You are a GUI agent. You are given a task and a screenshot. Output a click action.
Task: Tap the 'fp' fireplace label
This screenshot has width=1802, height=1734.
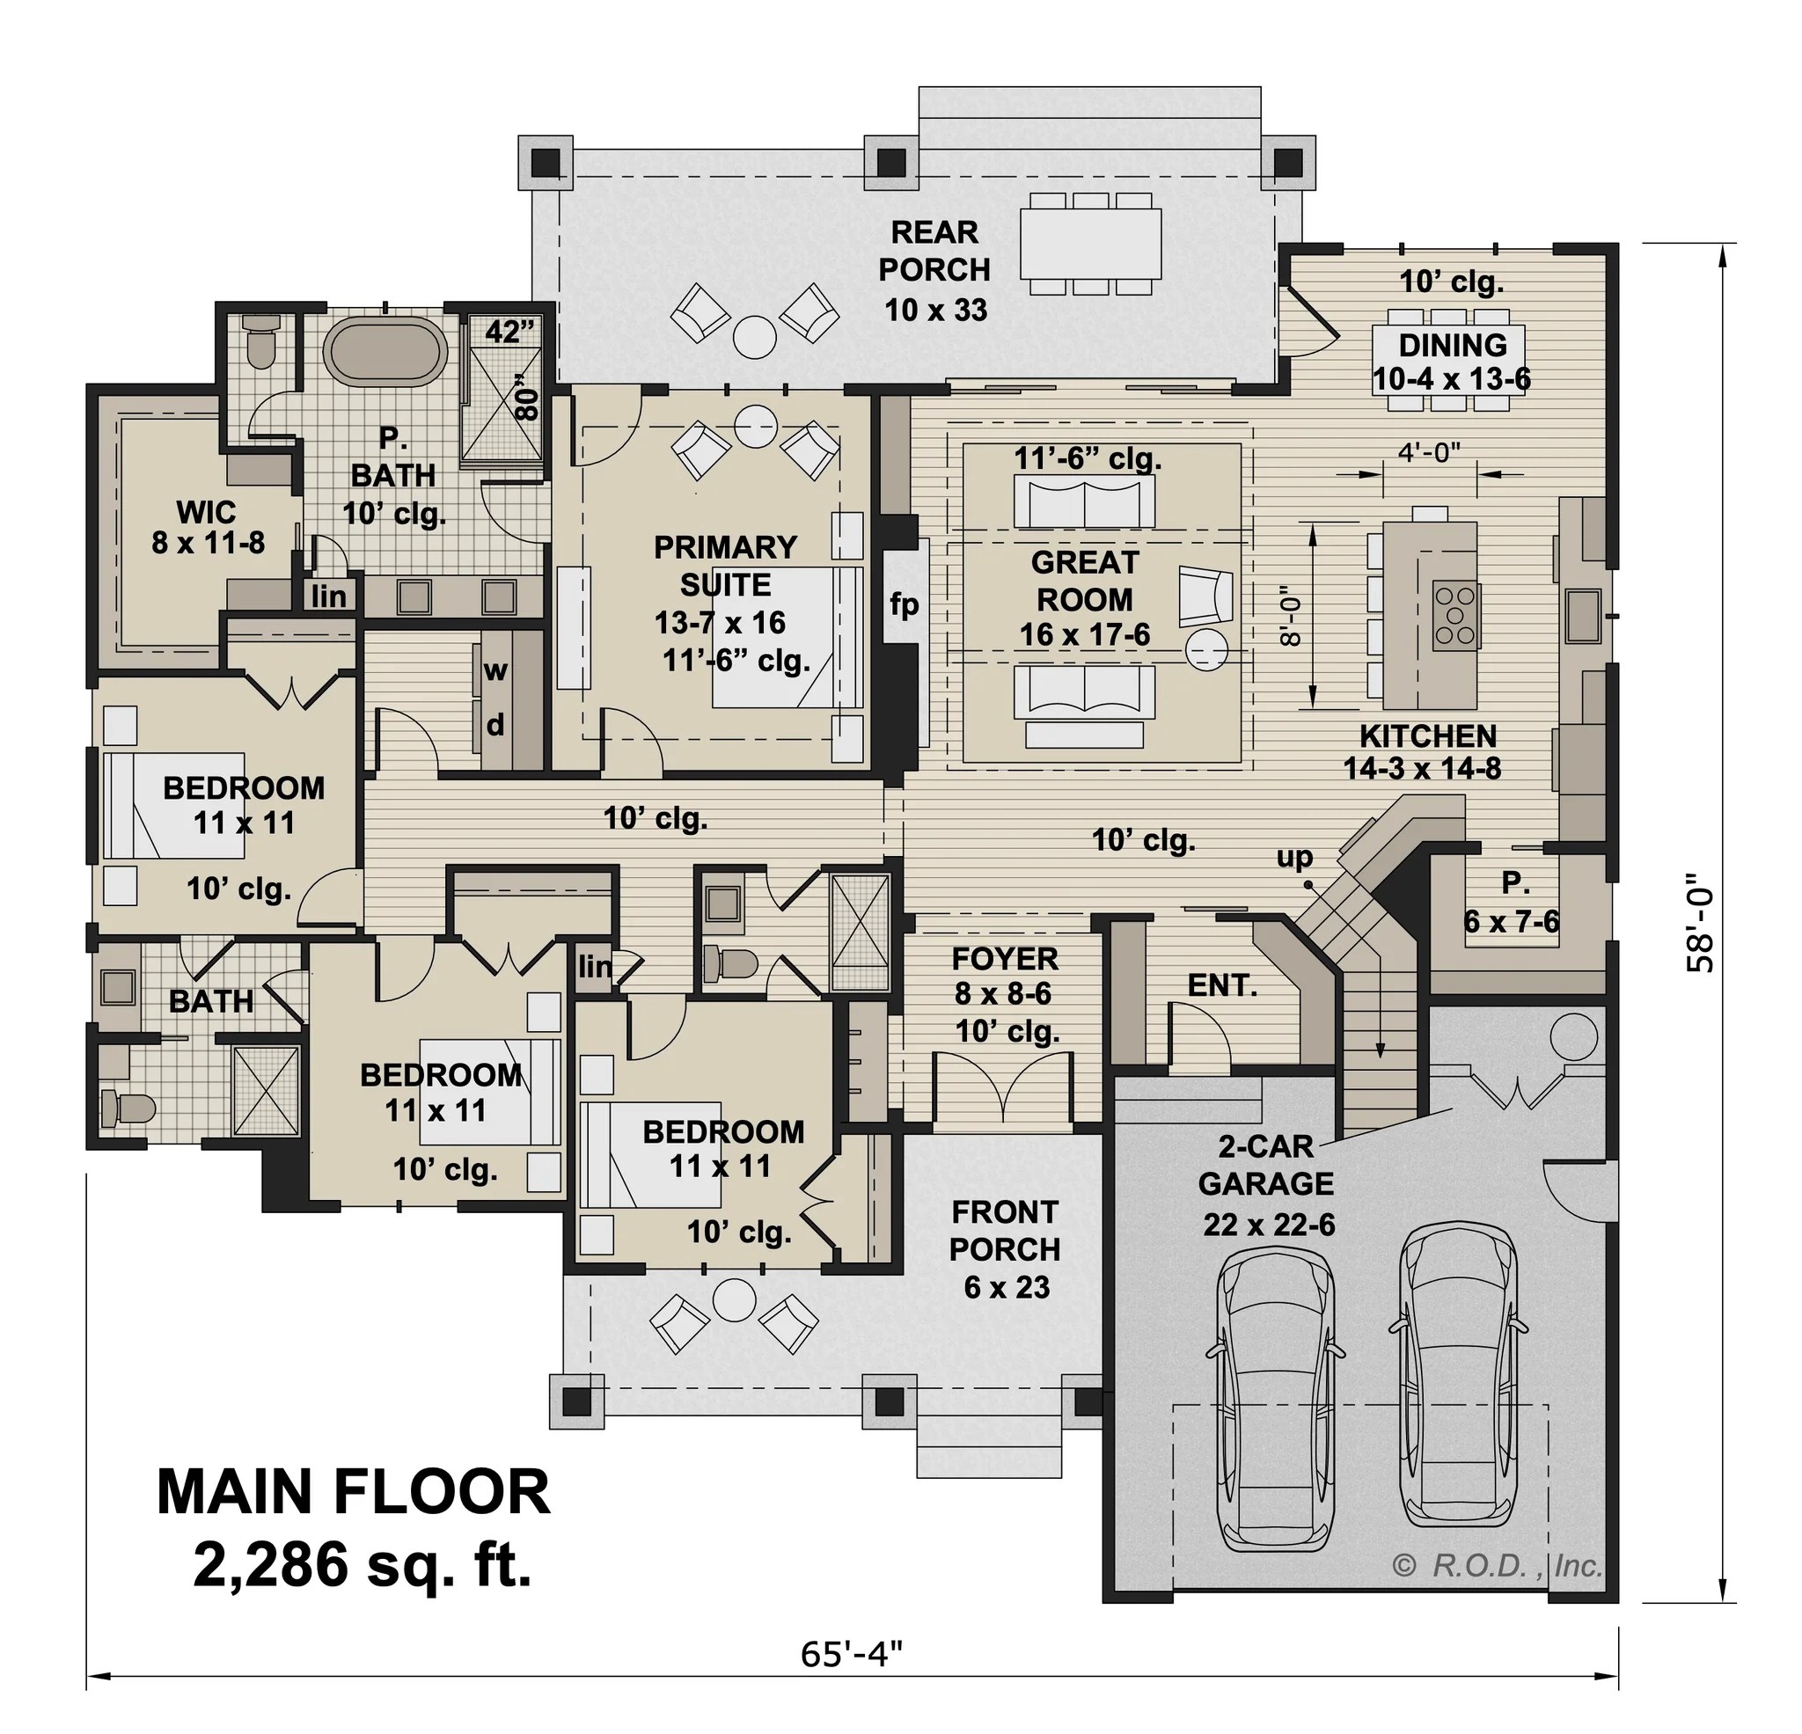click(x=904, y=604)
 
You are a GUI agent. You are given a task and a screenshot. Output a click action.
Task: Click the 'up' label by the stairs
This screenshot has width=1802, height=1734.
click(x=1293, y=857)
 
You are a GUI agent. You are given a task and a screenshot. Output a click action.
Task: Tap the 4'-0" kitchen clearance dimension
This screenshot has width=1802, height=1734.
click(x=1429, y=451)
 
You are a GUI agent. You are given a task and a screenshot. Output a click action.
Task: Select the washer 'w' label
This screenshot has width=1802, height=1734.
click(x=495, y=670)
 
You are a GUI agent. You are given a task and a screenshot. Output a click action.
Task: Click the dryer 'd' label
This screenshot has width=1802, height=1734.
click(x=495, y=726)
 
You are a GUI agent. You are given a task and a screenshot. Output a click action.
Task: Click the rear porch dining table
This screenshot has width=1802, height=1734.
click(x=1089, y=244)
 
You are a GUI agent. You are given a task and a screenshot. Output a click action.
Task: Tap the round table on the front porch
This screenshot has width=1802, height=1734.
click(x=733, y=1300)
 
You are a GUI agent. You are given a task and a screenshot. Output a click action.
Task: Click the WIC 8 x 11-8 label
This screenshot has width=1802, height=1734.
click(x=208, y=527)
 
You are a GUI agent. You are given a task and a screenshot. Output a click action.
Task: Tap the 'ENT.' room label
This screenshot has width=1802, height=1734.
click(x=1222, y=985)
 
